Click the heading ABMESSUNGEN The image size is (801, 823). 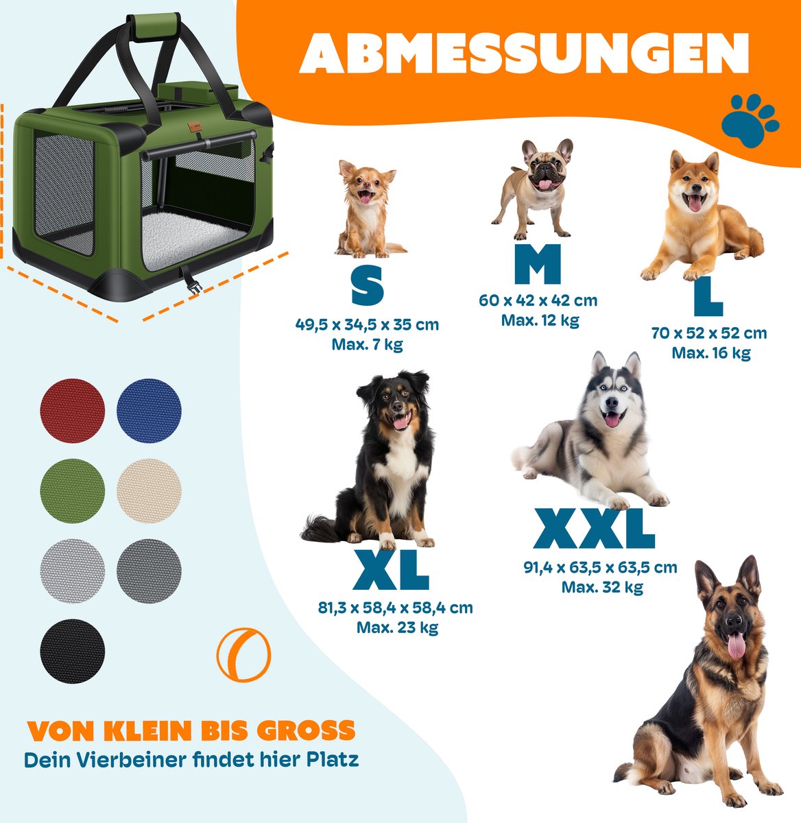pos(524,53)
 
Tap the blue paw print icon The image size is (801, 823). pos(750,121)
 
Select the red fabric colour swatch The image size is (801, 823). pos(72,411)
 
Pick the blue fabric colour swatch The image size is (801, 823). pos(149,411)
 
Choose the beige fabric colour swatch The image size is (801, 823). pos(149,490)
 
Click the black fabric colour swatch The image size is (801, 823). pos(72,651)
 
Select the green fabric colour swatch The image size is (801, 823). pos(72,490)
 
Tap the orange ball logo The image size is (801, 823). pos(243,655)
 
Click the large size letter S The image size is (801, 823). pos(368,287)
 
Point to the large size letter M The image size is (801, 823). pos(538,264)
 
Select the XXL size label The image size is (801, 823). pos(594,529)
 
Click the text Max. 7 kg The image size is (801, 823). pos(367,344)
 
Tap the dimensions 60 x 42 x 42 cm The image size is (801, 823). pos(538,300)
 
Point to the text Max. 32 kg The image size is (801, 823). pos(602,587)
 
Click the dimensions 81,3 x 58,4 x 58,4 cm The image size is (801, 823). pos(395,608)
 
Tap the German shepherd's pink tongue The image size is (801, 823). pos(737,645)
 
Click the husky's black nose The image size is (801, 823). pos(612,402)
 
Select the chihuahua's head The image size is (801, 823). pos(367,182)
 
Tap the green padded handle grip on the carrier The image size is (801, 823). pos(154,26)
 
